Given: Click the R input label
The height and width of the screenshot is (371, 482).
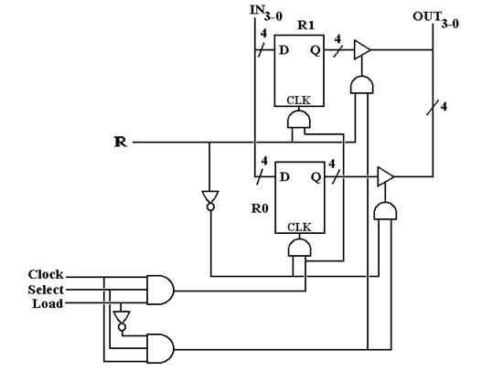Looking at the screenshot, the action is pyautogui.click(x=120, y=142).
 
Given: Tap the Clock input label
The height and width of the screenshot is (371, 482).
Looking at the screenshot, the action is pyautogui.click(x=46, y=274).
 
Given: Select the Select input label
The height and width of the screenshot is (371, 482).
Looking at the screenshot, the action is pyautogui.click(x=46, y=290).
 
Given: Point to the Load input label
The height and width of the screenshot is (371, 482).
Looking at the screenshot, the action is pyautogui.click(x=48, y=303).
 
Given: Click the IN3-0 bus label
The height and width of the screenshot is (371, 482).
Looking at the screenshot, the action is pyautogui.click(x=266, y=13).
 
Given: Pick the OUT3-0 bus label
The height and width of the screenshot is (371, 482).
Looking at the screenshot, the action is pyautogui.click(x=436, y=20).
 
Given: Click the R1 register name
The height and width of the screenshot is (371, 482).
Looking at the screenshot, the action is pyautogui.click(x=305, y=26).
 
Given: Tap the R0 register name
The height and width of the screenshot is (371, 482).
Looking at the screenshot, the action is pyautogui.click(x=260, y=208).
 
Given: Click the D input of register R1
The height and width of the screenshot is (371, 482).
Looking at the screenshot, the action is pyautogui.click(x=284, y=50).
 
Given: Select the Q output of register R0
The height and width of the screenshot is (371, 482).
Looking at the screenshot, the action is pyautogui.click(x=316, y=177).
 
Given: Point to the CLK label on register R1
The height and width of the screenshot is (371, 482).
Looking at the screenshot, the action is pyautogui.click(x=298, y=101).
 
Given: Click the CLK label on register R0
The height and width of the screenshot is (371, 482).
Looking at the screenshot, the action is pyautogui.click(x=299, y=228).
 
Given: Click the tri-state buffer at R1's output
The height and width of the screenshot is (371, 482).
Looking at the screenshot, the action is pyautogui.click(x=362, y=49).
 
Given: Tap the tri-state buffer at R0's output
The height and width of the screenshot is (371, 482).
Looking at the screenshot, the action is pyautogui.click(x=385, y=176).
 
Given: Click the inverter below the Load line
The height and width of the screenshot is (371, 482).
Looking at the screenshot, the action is pyautogui.click(x=122, y=321).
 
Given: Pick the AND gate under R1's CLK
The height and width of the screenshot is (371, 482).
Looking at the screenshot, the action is pyautogui.click(x=299, y=119).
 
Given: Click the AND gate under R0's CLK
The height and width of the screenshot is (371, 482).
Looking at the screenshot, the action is pyautogui.click(x=299, y=248).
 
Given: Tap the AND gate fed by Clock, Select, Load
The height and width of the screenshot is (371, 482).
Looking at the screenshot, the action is pyautogui.click(x=160, y=290).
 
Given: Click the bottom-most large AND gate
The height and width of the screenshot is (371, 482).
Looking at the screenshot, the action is pyautogui.click(x=160, y=348).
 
